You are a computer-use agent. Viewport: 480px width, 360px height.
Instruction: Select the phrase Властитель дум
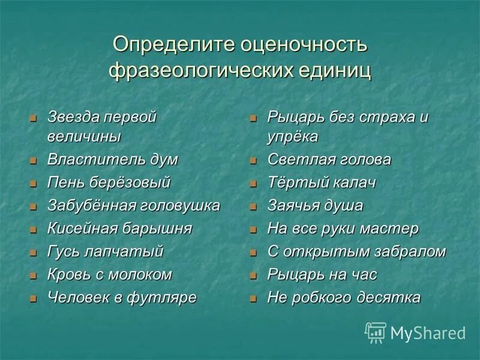pyautogui.click(x=113, y=160)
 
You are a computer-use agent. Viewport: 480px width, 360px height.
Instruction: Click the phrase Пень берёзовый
pyautogui.click(x=109, y=182)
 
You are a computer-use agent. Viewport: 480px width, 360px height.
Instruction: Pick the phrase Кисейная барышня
pyautogui.click(x=119, y=229)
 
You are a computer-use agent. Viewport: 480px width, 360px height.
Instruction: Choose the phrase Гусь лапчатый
pyautogui.click(x=105, y=251)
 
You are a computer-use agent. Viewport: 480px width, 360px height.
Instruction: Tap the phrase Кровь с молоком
pyautogui.click(x=109, y=275)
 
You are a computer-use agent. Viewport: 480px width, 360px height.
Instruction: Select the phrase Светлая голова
pyautogui.click(x=329, y=160)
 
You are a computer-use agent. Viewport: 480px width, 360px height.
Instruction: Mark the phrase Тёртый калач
pyautogui.click(x=322, y=183)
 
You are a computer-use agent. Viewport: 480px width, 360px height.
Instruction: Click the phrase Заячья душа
pyautogui.click(x=315, y=206)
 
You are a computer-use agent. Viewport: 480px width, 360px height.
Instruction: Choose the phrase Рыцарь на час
pyautogui.click(x=322, y=275)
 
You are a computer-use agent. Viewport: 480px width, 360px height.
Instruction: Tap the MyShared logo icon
pyautogui.click(x=376, y=332)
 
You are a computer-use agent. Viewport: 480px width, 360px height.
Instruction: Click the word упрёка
pyautogui.click(x=292, y=137)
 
